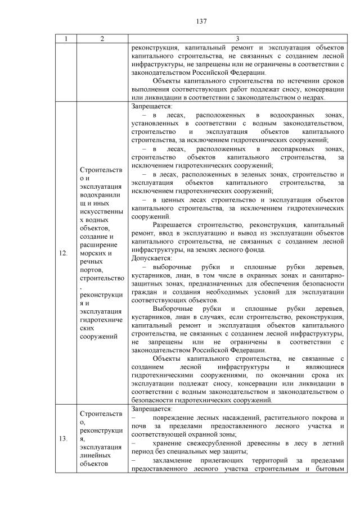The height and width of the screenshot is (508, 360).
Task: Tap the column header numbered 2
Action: pyautogui.click(x=102, y=39)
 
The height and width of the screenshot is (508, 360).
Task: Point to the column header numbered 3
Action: pyautogui.click(x=237, y=39)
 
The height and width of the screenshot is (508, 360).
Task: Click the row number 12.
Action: pyautogui.click(x=64, y=253)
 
